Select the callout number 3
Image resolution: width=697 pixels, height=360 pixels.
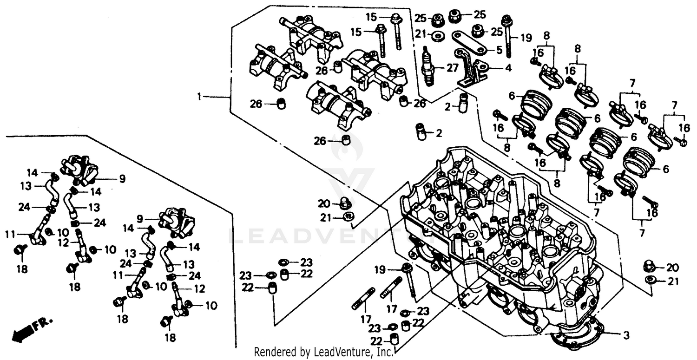point(626,334)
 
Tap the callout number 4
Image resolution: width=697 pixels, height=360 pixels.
point(508,68)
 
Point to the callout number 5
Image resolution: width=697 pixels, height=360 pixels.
point(499,49)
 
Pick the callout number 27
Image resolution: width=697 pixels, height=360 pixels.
point(452,68)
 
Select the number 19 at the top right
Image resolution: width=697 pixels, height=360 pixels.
point(526,38)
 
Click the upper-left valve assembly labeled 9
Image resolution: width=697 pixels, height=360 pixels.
point(78,168)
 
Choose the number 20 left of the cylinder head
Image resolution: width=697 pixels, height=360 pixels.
point(323,203)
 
